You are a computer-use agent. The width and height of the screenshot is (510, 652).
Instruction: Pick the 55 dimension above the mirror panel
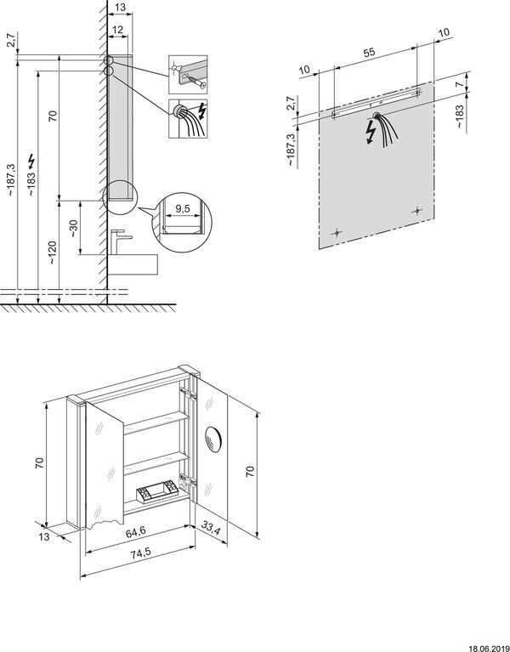click(x=371, y=51)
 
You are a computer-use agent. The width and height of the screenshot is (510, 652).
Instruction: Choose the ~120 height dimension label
click(x=53, y=252)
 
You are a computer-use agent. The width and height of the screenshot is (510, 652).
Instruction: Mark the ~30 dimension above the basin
click(x=75, y=229)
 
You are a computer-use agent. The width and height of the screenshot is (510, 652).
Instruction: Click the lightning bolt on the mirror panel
click(x=369, y=130)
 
